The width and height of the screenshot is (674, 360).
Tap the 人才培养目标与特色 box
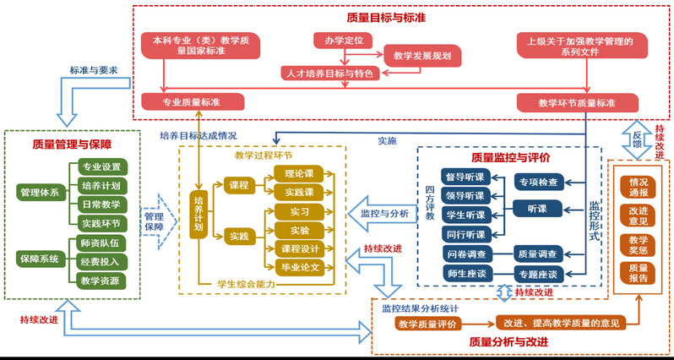(x=328, y=74)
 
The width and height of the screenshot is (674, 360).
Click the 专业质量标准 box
(x=193, y=102)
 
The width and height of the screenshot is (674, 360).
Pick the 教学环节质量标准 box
(x=577, y=103)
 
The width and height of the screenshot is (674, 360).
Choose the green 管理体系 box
(x=40, y=193)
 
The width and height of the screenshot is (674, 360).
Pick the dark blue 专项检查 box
(x=540, y=181)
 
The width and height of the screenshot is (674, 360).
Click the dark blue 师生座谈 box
(x=465, y=273)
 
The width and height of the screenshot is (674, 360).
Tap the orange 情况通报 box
(x=639, y=188)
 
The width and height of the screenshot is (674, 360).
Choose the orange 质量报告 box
(x=639, y=272)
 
